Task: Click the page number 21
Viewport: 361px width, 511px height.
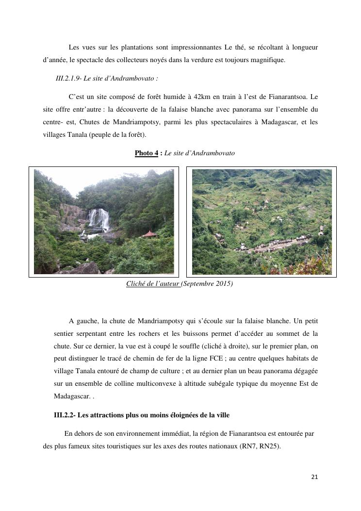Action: click(x=314, y=477)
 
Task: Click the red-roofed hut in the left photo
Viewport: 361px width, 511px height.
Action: click(x=148, y=234)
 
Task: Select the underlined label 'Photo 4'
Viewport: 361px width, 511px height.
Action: click(x=147, y=153)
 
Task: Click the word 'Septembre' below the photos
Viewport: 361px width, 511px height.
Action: click(x=198, y=283)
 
